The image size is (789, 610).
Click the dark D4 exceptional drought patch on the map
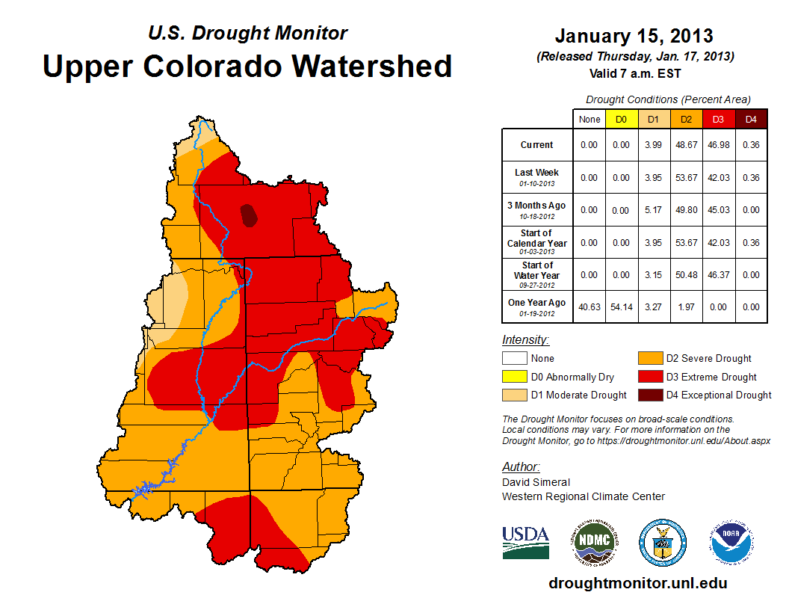249,216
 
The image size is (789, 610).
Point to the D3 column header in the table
718,119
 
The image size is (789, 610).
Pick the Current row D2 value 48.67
686,145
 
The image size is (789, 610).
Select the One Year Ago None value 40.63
590,306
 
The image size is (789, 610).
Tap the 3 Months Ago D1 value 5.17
654,210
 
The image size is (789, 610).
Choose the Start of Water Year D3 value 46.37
718,275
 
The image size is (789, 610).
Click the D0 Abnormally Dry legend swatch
514,377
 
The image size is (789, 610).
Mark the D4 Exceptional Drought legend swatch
649,395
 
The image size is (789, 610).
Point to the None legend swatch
514,358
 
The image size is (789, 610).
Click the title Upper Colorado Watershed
247,66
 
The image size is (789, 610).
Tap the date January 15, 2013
634,36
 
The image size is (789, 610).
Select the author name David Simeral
536,482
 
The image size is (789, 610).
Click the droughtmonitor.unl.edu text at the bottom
637,583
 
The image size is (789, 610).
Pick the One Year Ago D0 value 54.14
622,306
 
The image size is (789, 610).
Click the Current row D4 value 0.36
750,145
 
